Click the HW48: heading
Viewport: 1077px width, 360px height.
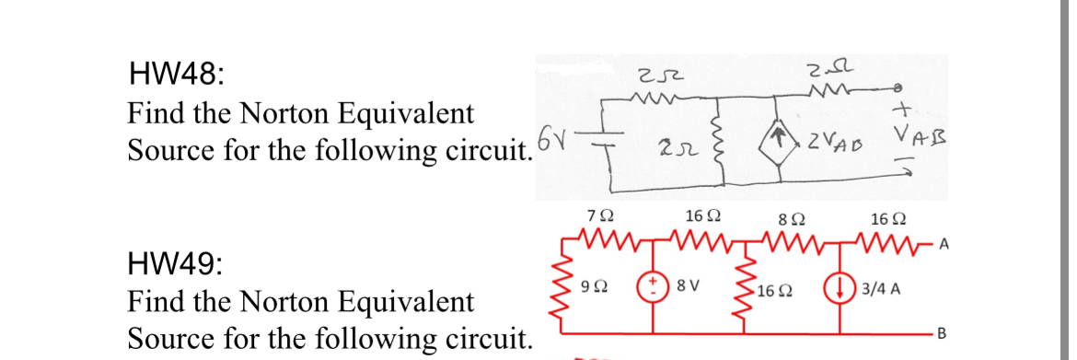click(174, 72)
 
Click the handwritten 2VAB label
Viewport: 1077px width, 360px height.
click(833, 141)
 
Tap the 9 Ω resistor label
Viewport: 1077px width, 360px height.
click(595, 286)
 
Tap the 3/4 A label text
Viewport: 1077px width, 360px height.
click(882, 286)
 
